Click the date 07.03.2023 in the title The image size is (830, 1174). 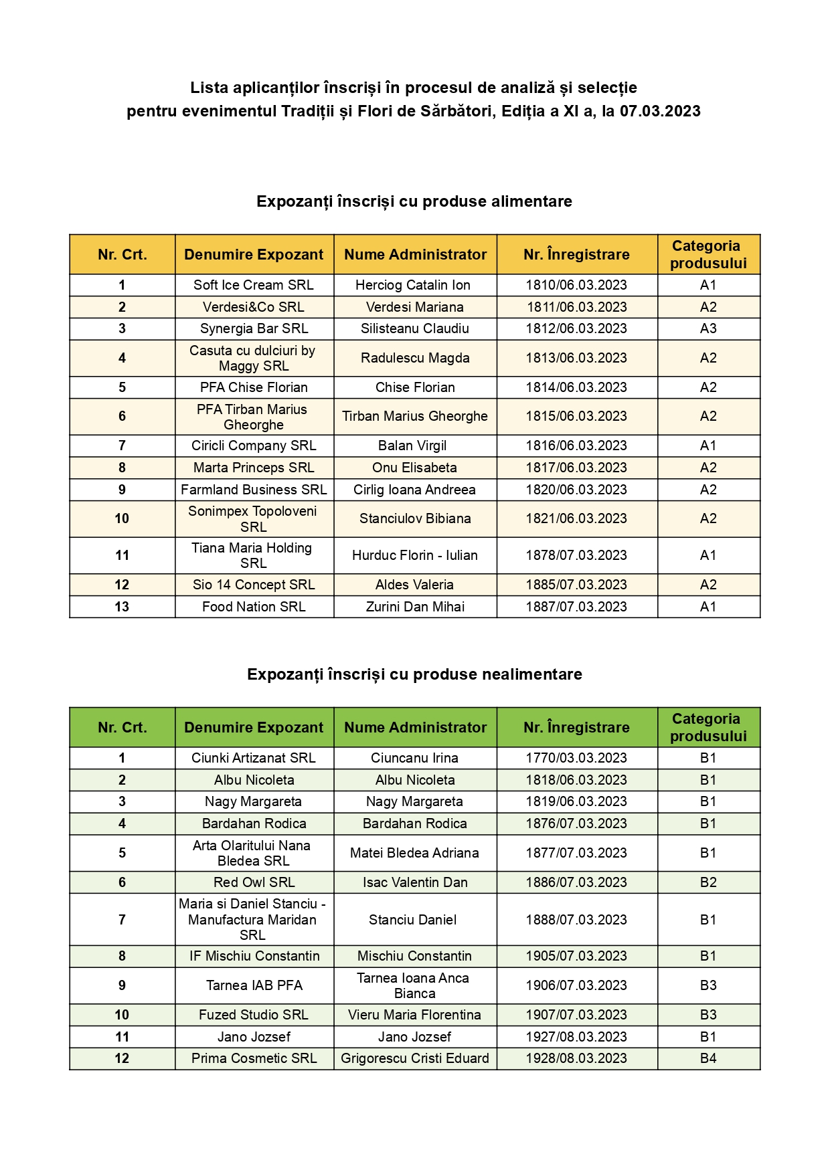point(659,111)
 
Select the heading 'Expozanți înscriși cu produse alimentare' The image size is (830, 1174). point(414,201)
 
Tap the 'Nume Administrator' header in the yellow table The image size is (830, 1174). point(415,254)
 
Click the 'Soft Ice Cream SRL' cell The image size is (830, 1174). point(254,285)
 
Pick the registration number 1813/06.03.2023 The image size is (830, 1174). point(576,358)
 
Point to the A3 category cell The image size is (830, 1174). point(708,328)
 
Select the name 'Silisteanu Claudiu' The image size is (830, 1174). point(415,328)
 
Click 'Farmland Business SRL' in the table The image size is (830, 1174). point(254,490)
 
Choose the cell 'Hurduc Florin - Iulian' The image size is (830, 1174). point(415,555)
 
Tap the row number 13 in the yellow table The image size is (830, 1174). point(122,607)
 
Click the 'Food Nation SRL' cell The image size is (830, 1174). point(254,607)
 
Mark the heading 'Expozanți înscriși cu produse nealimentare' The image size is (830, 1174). point(414,674)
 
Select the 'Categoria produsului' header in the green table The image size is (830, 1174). point(708,727)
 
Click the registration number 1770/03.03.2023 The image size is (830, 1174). point(576,758)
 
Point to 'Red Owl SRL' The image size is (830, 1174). point(254,882)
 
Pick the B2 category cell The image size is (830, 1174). point(708,882)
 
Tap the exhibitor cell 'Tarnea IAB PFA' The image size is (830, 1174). point(254,985)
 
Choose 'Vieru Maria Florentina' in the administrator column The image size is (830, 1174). point(415,1015)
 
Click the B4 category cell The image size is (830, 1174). point(708,1058)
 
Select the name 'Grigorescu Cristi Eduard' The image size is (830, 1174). point(415,1058)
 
